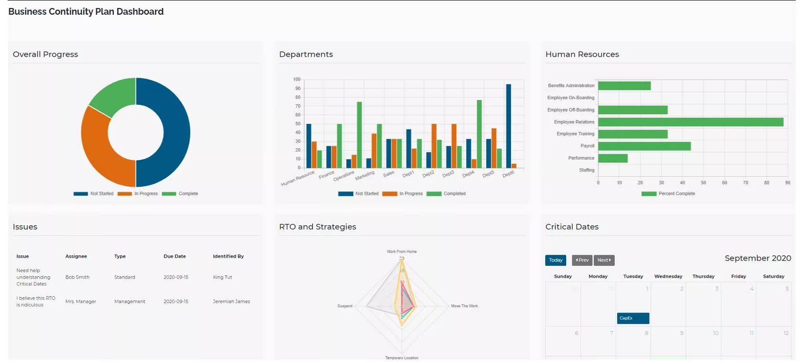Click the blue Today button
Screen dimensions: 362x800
point(555,260)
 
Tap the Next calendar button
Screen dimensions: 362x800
point(604,260)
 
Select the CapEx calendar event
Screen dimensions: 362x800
point(633,318)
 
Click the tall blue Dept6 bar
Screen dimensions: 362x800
point(508,126)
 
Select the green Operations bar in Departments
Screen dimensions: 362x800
point(359,134)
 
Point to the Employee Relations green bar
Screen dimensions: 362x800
point(690,122)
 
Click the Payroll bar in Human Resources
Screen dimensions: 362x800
point(644,146)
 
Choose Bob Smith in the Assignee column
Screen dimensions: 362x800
point(77,277)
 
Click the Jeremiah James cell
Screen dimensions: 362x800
point(231,302)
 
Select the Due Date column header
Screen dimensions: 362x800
point(174,256)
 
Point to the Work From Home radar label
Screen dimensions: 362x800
point(401,251)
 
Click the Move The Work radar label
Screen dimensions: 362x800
point(464,306)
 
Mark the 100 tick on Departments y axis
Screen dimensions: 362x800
point(297,80)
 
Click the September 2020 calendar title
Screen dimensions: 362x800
point(757,258)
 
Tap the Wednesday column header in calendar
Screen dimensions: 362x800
point(668,276)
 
